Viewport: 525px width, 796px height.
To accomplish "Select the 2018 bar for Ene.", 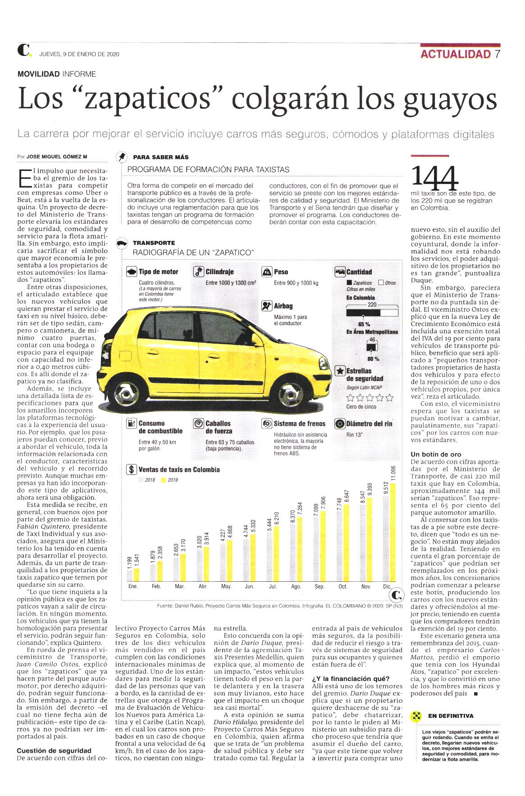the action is (x=130, y=575).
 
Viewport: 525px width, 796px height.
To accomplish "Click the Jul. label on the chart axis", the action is (x=273, y=587).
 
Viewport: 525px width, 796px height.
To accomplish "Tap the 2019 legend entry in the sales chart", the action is (x=169, y=480).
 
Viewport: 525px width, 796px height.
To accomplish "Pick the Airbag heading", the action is (x=283, y=306).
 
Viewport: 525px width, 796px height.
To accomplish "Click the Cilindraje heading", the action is (x=219, y=272).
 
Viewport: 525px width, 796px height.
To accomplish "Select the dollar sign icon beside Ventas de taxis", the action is (x=131, y=469).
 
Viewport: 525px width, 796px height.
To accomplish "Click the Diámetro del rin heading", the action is (x=369, y=423).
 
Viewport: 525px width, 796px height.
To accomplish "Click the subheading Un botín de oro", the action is (x=436, y=454).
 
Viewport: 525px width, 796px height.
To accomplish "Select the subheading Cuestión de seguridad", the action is (x=54, y=750).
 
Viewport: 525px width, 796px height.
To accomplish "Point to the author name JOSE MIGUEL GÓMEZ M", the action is (x=57, y=157).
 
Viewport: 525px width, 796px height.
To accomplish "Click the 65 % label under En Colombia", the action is (x=364, y=324).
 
